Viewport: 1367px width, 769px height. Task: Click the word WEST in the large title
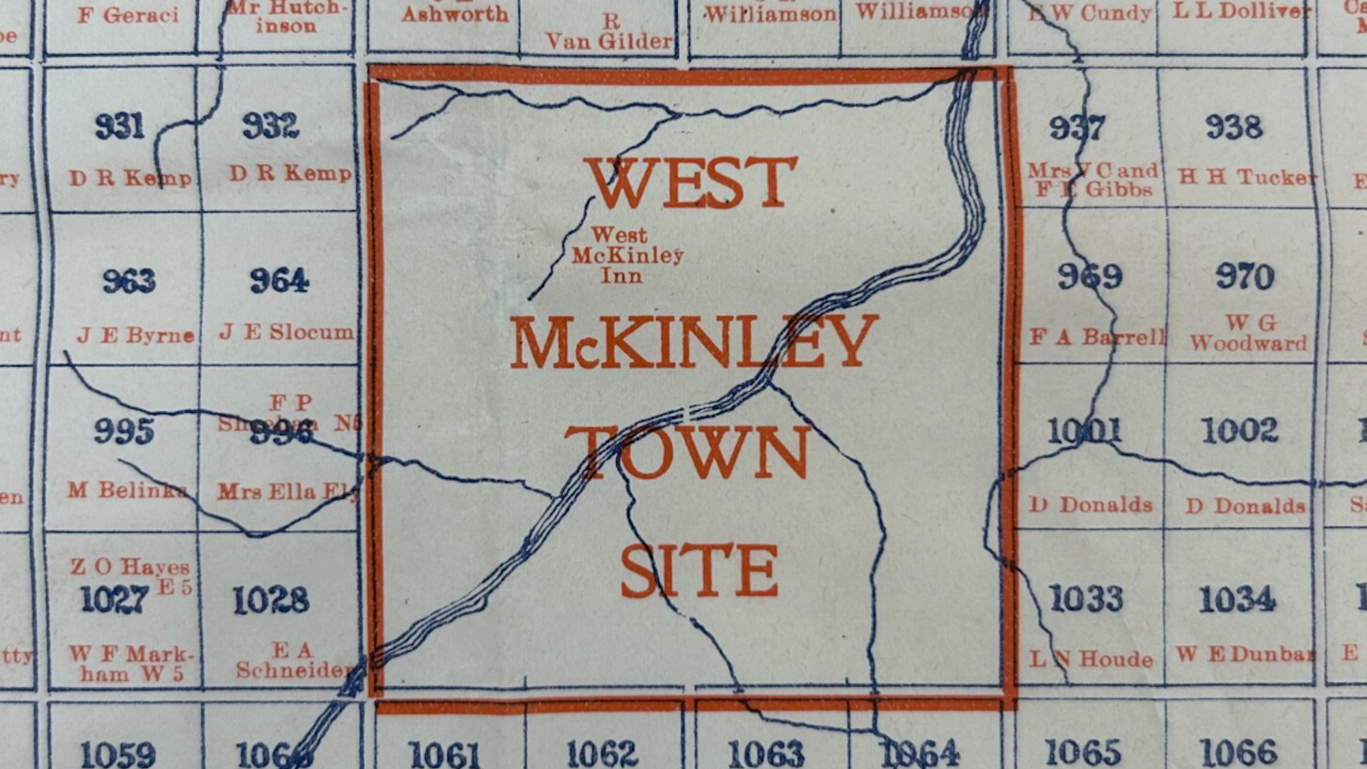(692, 183)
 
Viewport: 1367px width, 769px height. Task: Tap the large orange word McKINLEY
(694, 342)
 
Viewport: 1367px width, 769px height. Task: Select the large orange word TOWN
(688, 452)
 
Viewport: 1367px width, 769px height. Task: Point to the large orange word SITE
(699, 571)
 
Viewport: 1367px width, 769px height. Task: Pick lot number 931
(120, 126)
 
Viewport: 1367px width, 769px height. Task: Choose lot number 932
(271, 126)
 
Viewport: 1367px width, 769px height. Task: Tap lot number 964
(279, 280)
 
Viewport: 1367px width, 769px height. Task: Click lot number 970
(1245, 277)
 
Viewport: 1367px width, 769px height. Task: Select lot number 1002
(1239, 431)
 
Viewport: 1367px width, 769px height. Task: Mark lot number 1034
(1237, 599)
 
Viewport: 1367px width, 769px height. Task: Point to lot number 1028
(271, 600)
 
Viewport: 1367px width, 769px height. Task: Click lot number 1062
(602, 754)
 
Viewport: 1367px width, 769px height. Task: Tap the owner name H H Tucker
(1247, 177)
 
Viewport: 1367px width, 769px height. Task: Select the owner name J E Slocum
(286, 332)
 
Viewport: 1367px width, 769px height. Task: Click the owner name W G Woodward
(1249, 333)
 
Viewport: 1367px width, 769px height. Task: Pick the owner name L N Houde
(1091, 659)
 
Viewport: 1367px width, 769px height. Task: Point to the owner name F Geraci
(128, 15)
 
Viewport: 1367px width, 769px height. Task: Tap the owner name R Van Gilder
(609, 32)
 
